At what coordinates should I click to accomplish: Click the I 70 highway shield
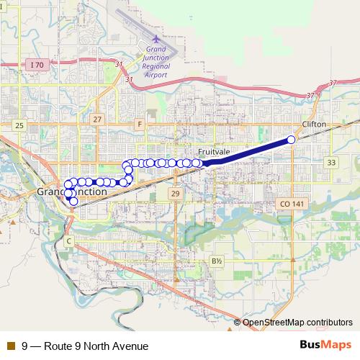click(x=37, y=65)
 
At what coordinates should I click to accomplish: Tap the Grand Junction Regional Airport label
click(x=157, y=62)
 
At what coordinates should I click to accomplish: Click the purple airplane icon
click(x=157, y=38)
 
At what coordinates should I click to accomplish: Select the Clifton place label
click(x=314, y=125)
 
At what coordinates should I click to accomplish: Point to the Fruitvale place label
click(x=215, y=152)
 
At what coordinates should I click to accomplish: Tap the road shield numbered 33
click(x=330, y=163)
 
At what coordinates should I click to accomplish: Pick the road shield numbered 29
click(x=175, y=194)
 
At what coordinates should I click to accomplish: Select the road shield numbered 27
click(x=98, y=119)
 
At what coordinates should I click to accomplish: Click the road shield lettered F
click(x=139, y=124)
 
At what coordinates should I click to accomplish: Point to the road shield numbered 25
click(x=19, y=125)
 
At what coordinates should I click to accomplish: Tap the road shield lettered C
click(x=69, y=240)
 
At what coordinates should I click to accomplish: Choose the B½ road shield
click(x=217, y=261)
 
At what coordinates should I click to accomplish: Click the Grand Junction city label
click(x=71, y=193)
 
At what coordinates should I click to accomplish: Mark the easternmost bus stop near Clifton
click(x=292, y=139)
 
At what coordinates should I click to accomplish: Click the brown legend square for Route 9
click(x=10, y=346)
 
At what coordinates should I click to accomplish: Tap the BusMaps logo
click(x=325, y=346)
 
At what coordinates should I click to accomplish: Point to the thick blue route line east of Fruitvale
click(x=248, y=151)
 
